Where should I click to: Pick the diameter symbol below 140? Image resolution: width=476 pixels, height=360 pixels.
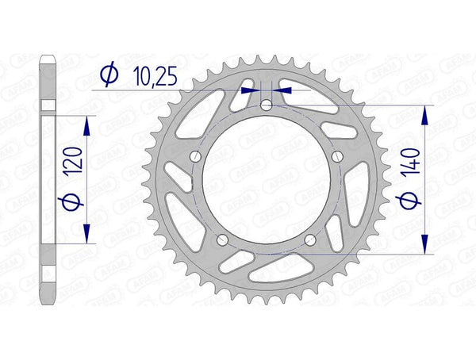(411, 202)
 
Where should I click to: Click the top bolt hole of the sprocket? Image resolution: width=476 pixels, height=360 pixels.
(267, 105)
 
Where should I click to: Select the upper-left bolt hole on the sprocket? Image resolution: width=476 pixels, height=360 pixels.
(198, 155)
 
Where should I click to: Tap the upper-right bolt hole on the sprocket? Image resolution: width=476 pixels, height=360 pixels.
(337, 155)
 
